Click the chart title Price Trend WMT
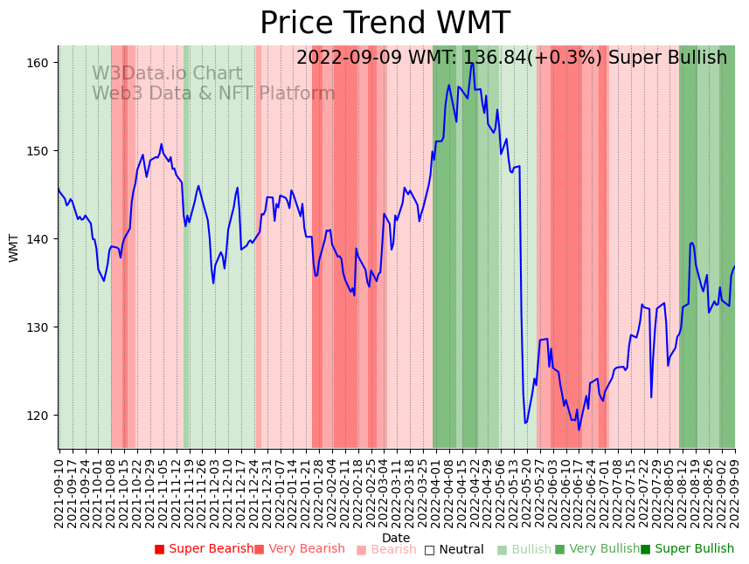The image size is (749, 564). point(385,23)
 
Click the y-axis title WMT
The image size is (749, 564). point(14,248)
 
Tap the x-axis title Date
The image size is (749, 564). point(396,538)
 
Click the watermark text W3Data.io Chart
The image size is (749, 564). point(167,74)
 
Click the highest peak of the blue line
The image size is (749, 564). point(472,63)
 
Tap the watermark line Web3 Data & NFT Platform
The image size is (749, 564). point(213,93)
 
